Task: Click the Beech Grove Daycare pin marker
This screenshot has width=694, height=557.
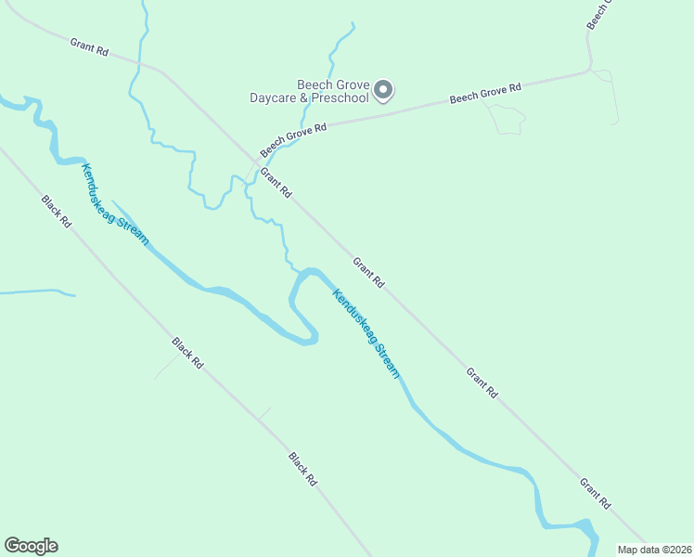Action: pyautogui.click(x=383, y=90)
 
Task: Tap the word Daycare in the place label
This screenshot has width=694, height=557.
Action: pyautogui.click(x=276, y=97)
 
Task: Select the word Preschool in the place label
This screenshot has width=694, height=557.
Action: pyautogui.click(x=341, y=97)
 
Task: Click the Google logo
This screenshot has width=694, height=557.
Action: pyautogui.click(x=31, y=546)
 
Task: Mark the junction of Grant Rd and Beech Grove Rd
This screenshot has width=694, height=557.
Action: pyautogui.click(x=258, y=158)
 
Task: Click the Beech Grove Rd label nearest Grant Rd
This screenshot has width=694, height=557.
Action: pyautogui.click(x=294, y=139)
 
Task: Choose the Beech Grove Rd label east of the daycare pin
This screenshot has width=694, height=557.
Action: pyautogui.click(x=485, y=93)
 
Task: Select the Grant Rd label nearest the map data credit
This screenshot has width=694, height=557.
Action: pyautogui.click(x=595, y=494)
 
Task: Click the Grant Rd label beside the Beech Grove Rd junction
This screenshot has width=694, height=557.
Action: pyautogui.click(x=276, y=183)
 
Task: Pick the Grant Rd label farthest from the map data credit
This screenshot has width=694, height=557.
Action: pyautogui.click(x=89, y=46)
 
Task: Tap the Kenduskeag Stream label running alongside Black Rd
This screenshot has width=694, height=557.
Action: pyautogui.click(x=115, y=204)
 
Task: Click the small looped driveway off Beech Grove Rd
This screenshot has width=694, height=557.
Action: pyautogui.click(x=506, y=120)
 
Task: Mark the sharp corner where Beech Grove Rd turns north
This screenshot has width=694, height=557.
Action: pyautogui.click(x=588, y=69)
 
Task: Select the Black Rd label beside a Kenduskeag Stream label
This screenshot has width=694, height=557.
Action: pyautogui.click(x=56, y=212)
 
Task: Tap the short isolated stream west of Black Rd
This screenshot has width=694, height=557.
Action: pyautogui.click(x=37, y=292)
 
